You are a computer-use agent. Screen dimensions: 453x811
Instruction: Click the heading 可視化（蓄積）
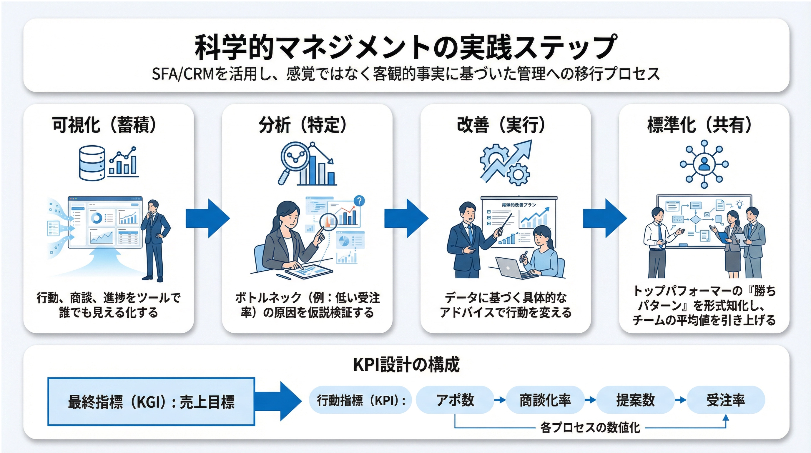point(104,125)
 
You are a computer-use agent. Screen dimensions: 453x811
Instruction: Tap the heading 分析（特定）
point(303,125)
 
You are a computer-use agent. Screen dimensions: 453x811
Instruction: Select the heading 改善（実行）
point(501,125)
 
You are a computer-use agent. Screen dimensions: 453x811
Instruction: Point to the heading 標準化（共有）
point(699,125)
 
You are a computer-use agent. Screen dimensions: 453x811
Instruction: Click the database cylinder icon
point(92,163)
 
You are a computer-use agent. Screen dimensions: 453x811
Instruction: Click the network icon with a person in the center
point(704,164)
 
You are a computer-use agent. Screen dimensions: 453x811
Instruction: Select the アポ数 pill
point(455,400)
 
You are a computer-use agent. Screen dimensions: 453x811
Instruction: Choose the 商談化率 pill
point(545,400)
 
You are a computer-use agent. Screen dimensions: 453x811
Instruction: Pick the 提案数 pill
point(635,400)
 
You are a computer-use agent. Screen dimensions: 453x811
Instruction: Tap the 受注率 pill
point(726,400)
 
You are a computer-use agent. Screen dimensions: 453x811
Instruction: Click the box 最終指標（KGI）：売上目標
point(151,402)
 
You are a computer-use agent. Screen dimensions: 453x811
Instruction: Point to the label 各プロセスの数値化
point(590,427)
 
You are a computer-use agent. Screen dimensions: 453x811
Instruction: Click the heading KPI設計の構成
point(406,364)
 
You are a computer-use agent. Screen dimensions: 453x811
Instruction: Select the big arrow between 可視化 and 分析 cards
point(208,218)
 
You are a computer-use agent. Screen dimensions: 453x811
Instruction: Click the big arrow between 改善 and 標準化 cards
point(605,218)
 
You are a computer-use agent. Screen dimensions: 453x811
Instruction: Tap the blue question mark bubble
point(359,201)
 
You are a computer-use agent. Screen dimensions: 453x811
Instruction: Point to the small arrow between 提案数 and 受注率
point(680,400)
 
